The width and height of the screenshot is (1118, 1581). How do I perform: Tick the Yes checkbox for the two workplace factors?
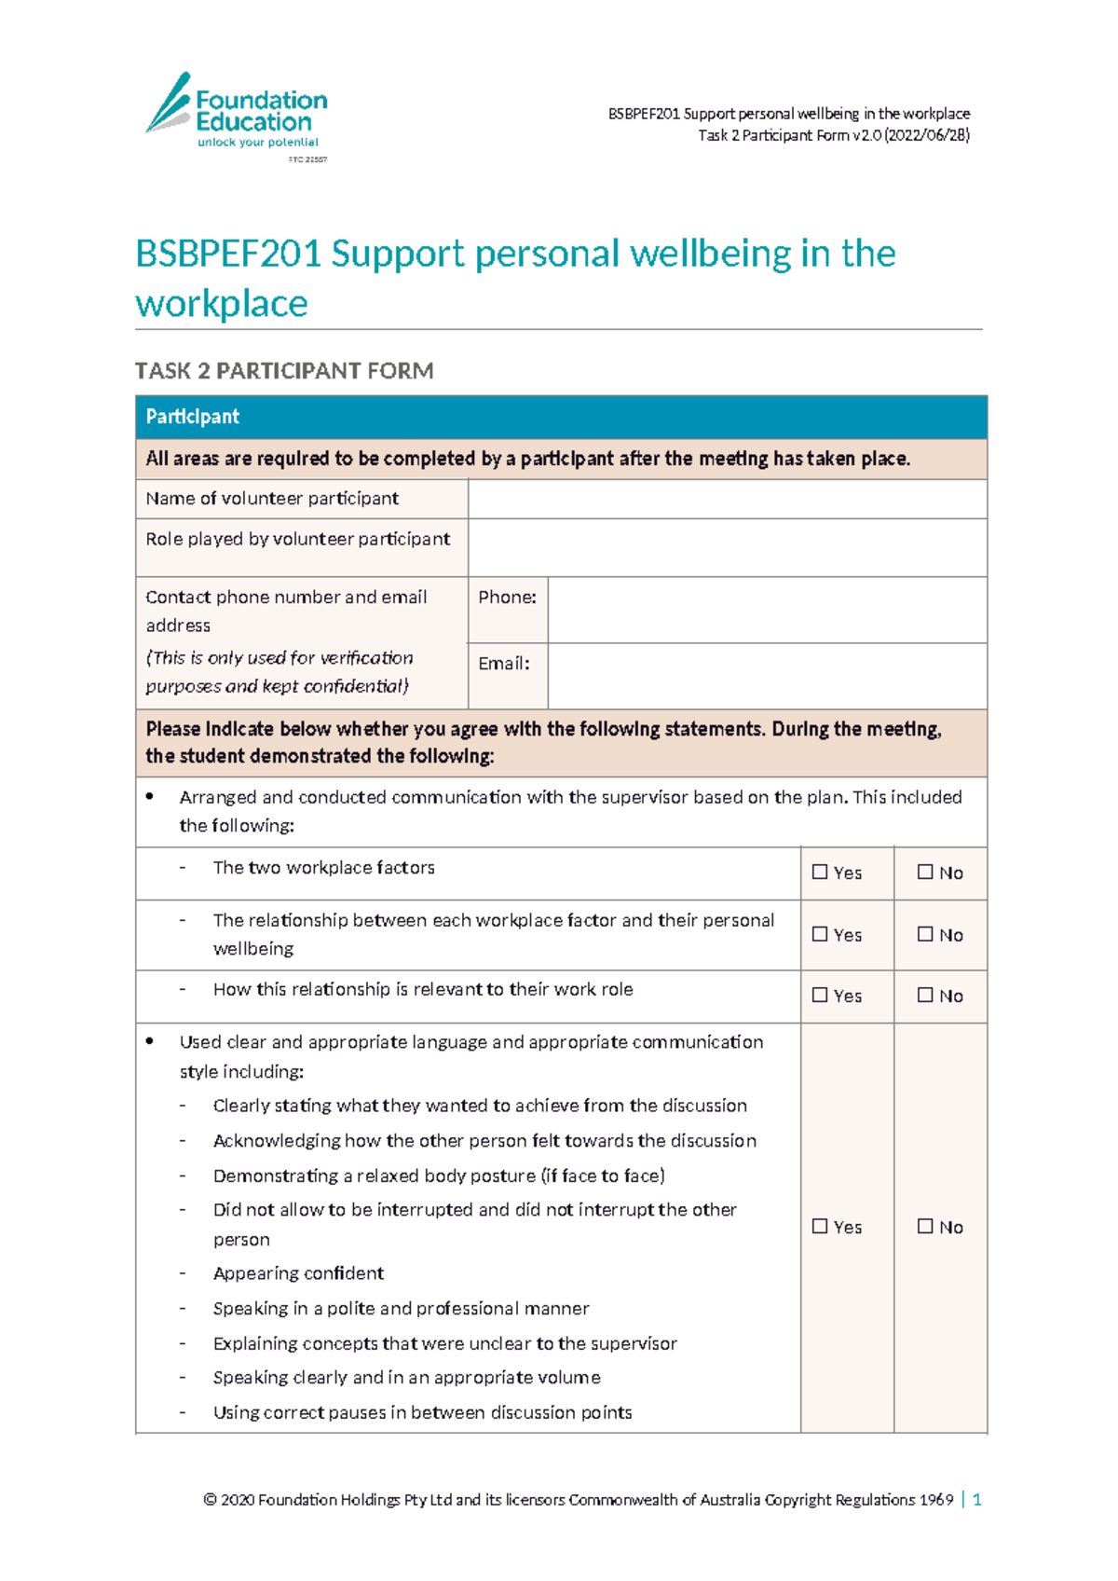coord(820,873)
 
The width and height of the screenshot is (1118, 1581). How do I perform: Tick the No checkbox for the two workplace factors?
coord(925,873)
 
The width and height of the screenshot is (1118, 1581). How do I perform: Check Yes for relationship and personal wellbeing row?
coord(820,934)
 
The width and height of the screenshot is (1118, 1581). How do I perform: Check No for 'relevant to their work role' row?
coord(925,996)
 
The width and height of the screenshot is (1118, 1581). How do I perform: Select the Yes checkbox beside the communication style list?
coord(820,1227)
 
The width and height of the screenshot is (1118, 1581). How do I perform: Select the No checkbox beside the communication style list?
coord(925,1227)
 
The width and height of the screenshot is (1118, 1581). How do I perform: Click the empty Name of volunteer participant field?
coord(727,499)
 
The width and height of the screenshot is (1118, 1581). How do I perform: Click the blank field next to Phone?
coord(766,610)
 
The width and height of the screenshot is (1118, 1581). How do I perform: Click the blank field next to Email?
coord(766,676)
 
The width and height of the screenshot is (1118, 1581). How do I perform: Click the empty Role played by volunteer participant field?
coord(727,547)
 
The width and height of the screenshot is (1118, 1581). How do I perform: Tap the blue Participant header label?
coord(193,417)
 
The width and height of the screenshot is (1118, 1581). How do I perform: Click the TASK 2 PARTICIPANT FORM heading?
coord(284,371)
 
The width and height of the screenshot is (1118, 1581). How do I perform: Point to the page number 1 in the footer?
coord(976,1499)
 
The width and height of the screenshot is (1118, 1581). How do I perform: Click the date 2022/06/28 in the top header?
coord(926,135)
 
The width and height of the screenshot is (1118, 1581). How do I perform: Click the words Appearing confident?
coord(298,1273)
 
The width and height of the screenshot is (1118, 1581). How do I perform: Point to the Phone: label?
coord(507,598)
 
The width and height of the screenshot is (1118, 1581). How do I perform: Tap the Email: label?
coord(503,664)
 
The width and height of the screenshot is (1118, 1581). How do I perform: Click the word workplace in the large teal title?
coord(222,304)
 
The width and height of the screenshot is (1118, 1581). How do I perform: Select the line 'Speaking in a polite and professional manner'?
coord(401,1309)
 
